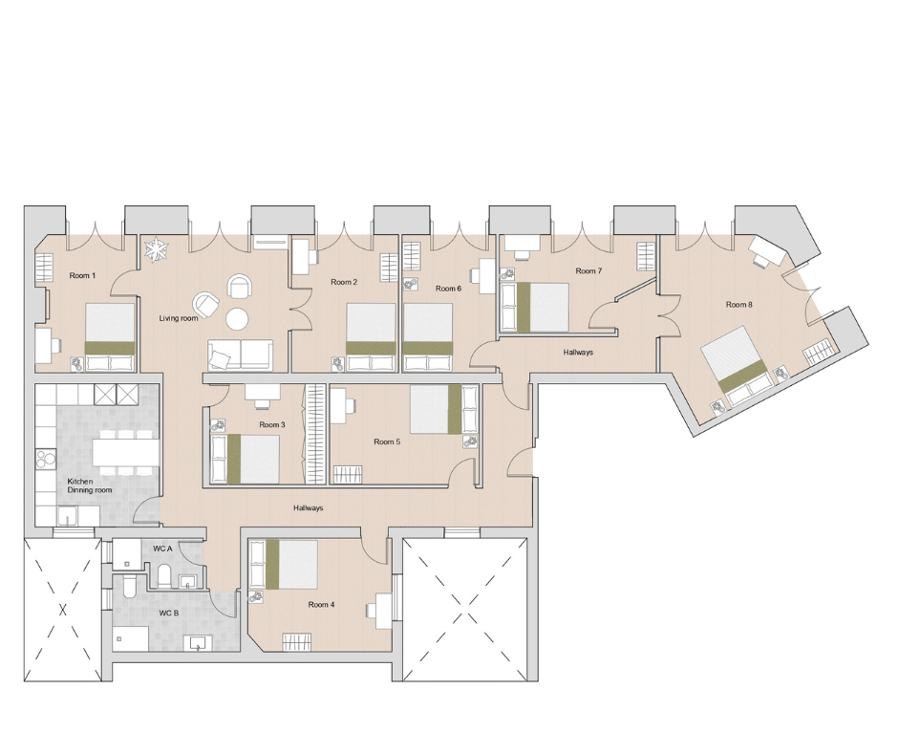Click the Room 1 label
82,275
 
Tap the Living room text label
179,318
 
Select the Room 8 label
738,305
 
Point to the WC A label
162,549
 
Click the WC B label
168,613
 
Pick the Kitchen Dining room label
89,485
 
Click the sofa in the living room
240,355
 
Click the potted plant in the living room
156,250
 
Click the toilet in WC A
163,575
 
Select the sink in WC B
198,642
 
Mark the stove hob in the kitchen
46,461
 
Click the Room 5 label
386,441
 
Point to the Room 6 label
448,288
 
